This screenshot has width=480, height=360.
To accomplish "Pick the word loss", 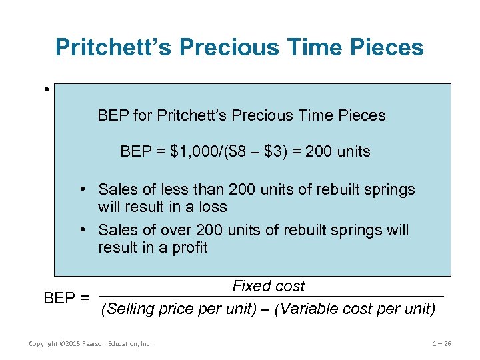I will pos(213,207).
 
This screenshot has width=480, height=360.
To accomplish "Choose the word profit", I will pos(191,247).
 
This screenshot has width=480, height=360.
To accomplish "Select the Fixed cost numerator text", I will pos(268,286).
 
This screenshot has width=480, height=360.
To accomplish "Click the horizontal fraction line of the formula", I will pos(271,297).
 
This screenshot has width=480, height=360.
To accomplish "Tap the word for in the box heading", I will pos(143,115).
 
